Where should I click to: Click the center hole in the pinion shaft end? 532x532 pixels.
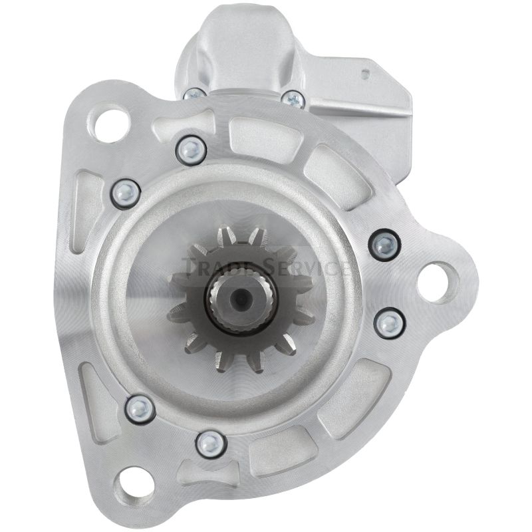(x=241, y=297)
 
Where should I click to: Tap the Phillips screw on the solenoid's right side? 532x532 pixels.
(x=293, y=99)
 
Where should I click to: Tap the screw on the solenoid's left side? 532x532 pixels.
(x=194, y=94)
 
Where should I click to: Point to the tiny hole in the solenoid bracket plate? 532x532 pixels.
(x=365, y=73)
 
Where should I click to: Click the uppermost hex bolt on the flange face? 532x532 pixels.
(x=191, y=149)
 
